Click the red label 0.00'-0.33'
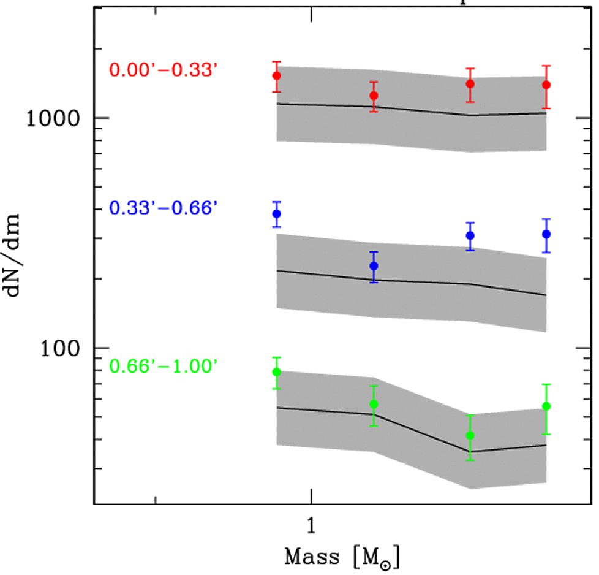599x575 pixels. pos(164,70)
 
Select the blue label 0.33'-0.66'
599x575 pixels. pos(164,208)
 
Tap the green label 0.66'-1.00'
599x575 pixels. pos(164,367)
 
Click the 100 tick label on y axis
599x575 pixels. pos(62,348)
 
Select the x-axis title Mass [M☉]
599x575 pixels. pos(342,557)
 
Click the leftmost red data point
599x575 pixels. pos(276,76)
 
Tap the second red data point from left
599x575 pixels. pos(374,96)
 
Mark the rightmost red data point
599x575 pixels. pos(546,85)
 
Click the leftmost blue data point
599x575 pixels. pos(276,214)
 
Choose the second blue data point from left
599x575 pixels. pos(374,266)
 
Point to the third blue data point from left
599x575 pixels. pos(470,235)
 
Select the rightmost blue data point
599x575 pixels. pos(546,234)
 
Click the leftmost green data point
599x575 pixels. pos(276,372)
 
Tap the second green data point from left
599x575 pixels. pos(374,404)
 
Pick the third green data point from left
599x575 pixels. pos(470,435)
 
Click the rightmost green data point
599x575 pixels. pos(546,406)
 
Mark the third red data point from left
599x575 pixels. pos(470,83)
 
